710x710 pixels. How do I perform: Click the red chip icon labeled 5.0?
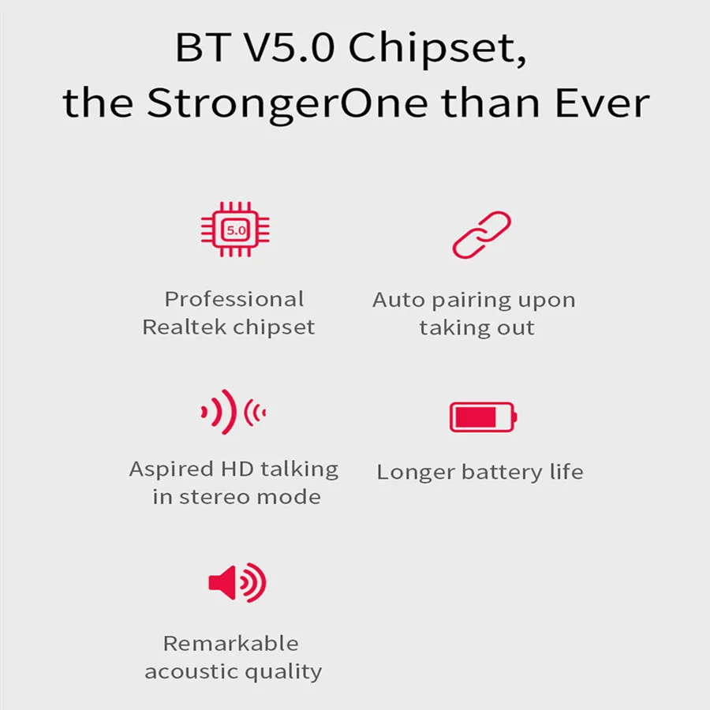(x=234, y=230)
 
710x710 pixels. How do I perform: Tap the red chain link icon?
(x=481, y=234)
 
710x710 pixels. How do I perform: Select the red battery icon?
(x=482, y=417)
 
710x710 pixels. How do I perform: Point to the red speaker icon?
(x=236, y=583)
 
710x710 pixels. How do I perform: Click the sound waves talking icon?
(x=234, y=411)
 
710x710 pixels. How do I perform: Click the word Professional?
(x=234, y=299)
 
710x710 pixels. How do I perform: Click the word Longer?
(x=415, y=473)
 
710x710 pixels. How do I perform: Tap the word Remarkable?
(x=230, y=643)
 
